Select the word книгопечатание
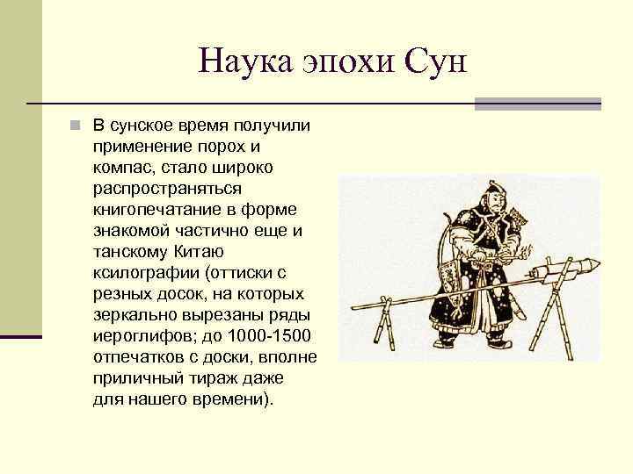tap(150, 209)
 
